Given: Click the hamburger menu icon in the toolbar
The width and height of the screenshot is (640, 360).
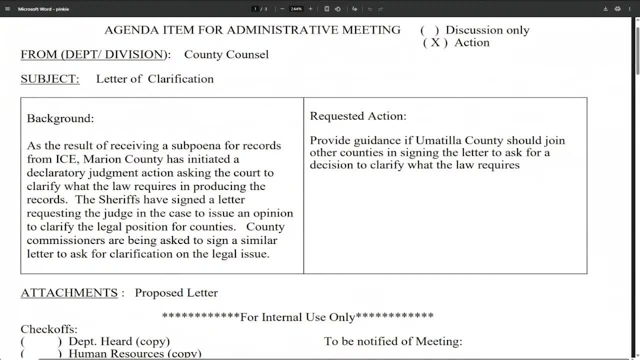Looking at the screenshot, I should click(x=7, y=9).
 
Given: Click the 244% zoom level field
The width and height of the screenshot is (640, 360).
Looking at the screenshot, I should click(x=296, y=9).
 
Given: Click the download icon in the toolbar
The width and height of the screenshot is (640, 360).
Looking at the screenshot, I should click(x=605, y=9).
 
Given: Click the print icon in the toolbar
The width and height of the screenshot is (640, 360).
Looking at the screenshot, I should click(x=617, y=9).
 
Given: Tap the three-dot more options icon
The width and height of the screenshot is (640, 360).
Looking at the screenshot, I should click(x=629, y=9).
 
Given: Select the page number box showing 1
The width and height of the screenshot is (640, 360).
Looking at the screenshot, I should click(x=255, y=9).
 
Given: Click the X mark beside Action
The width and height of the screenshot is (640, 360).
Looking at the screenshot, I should click(x=435, y=42).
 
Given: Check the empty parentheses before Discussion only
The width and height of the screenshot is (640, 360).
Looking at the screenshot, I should click(x=429, y=30).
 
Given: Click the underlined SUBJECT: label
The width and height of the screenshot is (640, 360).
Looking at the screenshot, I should click(x=50, y=79).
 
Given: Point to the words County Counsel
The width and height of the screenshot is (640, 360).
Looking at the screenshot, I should click(x=226, y=54).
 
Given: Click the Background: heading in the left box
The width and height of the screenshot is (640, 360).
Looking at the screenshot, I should click(x=60, y=118).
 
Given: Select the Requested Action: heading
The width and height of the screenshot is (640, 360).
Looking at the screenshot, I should click(x=358, y=116).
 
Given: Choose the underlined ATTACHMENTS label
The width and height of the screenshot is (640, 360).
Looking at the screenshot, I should click(x=69, y=293).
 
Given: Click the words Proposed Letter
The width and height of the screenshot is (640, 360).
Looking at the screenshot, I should click(x=176, y=293).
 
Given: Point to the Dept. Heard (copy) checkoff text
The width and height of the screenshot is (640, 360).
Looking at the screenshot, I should click(x=119, y=341).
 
